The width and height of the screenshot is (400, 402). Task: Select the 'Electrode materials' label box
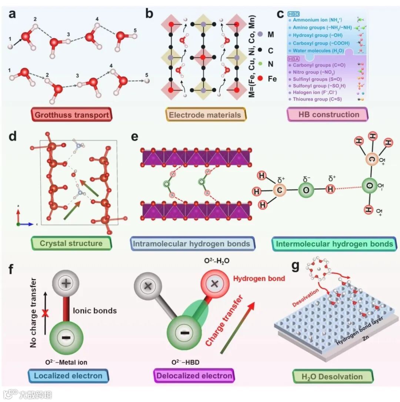click(x=205, y=115)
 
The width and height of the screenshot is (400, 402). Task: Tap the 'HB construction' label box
click(x=328, y=114)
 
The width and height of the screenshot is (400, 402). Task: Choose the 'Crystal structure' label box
click(x=71, y=243)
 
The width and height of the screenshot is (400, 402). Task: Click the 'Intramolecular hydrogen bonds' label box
click(x=195, y=243)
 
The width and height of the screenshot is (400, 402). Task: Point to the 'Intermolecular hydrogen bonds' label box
click(x=332, y=243)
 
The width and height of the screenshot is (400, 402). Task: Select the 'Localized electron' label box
click(x=68, y=376)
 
